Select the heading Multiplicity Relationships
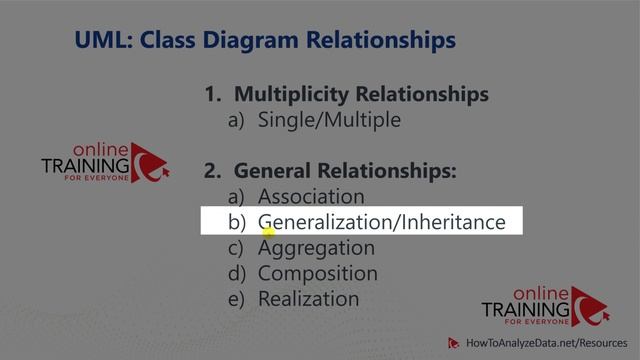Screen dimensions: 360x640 [x=361, y=95]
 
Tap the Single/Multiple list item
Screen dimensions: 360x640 [x=329, y=120]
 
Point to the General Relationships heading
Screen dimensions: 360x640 [x=345, y=171]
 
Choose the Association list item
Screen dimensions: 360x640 [x=311, y=197]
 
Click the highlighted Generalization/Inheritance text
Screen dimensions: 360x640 [x=381, y=222]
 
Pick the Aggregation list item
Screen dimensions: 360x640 [x=316, y=248]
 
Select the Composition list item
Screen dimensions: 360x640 [x=318, y=273]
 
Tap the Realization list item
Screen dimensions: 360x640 [x=308, y=299]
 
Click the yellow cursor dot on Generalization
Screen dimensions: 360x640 [x=268, y=231]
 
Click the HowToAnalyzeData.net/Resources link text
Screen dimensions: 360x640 [x=541, y=343]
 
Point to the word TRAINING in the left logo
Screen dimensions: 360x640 [x=86, y=165]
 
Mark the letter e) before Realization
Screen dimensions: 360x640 [x=238, y=299]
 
